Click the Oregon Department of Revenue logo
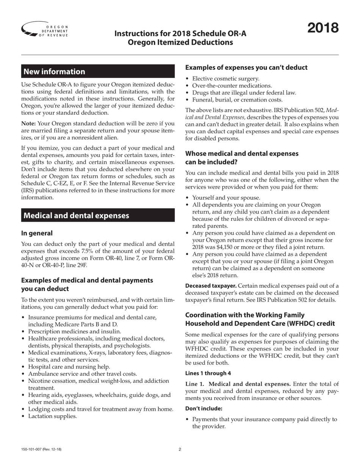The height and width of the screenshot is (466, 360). tap(45, 30)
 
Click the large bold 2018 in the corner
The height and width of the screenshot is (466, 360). tap(323, 28)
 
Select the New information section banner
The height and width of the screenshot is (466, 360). tap(98, 72)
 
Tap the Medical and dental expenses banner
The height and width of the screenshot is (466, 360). tap(98, 216)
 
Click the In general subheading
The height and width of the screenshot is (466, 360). tap(37, 233)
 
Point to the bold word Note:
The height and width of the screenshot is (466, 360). tap(28, 124)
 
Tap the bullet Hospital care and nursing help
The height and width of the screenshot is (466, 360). tap(69, 367)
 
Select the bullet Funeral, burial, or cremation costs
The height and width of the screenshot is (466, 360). tap(237, 100)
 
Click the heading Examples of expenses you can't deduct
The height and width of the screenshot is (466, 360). tap(246, 67)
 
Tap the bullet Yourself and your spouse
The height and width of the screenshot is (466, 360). tap(226, 198)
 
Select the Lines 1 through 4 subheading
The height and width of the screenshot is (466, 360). tap(208, 373)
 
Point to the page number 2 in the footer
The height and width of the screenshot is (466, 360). tap(180, 450)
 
